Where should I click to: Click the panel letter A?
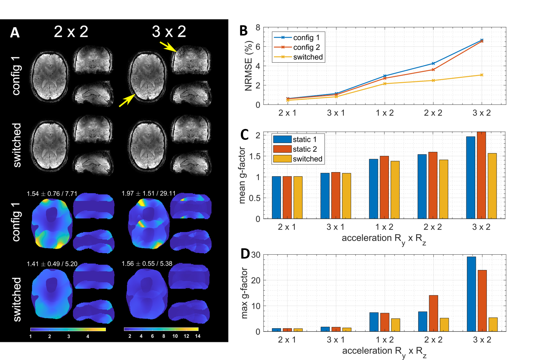pos(15,32)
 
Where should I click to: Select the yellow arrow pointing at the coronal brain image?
pos(168,46)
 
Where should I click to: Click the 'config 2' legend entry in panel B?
pos(306,47)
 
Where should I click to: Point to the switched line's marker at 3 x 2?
pos(482,75)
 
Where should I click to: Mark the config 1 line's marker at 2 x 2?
pos(433,63)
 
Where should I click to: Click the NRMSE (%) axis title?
pos(248,66)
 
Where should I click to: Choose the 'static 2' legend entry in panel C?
pos(304,149)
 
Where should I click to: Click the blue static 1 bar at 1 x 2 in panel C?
pos(374,189)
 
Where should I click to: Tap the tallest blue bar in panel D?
pos(471,294)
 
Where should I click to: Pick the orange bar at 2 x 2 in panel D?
pos(433,313)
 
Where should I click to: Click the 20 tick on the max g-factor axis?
pos(256,280)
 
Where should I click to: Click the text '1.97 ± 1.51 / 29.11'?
pos(149,194)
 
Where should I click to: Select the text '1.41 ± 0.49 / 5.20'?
pos(52,264)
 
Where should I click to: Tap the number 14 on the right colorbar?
pos(198,336)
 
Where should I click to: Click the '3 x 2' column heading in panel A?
pos(169,32)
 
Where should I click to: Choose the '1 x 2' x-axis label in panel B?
pos(384,113)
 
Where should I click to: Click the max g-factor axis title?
pos(244,293)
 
